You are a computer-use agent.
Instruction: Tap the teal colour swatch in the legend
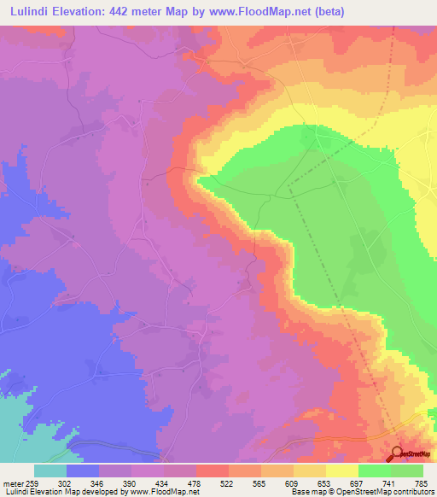pos(50,471)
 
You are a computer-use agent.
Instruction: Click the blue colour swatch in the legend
pos(83,471)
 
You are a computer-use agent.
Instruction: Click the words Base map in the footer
pos(304,492)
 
